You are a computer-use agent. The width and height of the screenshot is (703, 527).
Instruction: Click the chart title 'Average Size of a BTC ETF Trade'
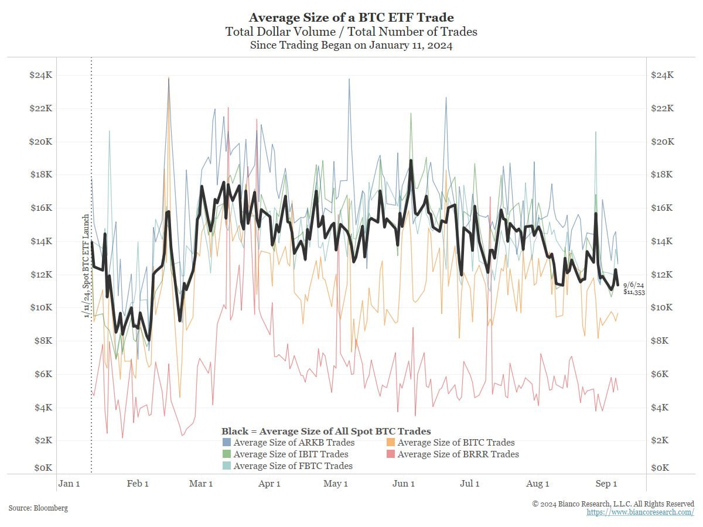(351, 18)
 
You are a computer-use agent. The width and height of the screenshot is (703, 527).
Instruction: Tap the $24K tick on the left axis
(40, 76)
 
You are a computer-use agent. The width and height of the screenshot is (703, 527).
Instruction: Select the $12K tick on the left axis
(40, 275)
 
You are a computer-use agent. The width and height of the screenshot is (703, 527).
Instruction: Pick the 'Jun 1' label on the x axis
(403, 484)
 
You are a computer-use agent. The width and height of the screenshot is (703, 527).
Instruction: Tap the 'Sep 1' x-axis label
(606, 484)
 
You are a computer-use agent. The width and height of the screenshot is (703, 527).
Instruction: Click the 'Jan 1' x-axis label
(69, 484)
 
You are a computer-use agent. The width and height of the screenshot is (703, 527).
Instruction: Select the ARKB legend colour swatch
(227, 443)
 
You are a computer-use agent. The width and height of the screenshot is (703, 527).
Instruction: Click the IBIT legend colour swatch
(227, 454)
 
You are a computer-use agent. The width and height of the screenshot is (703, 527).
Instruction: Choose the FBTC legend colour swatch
(227, 466)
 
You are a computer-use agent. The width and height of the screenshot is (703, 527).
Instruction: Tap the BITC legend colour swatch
(391, 443)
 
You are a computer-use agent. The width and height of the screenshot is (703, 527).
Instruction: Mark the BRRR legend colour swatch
(391, 454)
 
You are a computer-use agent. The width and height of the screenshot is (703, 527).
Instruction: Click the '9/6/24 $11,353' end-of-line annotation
(634, 288)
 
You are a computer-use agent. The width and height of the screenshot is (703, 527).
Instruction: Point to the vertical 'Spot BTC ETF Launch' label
(86, 266)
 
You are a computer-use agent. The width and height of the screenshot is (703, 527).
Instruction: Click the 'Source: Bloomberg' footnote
(38, 508)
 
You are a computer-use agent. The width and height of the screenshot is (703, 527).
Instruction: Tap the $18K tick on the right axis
(663, 175)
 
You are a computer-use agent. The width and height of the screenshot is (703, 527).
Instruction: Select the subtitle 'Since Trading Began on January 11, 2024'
(351, 45)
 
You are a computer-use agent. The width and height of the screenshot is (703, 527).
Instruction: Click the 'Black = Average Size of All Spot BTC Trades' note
(326, 432)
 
